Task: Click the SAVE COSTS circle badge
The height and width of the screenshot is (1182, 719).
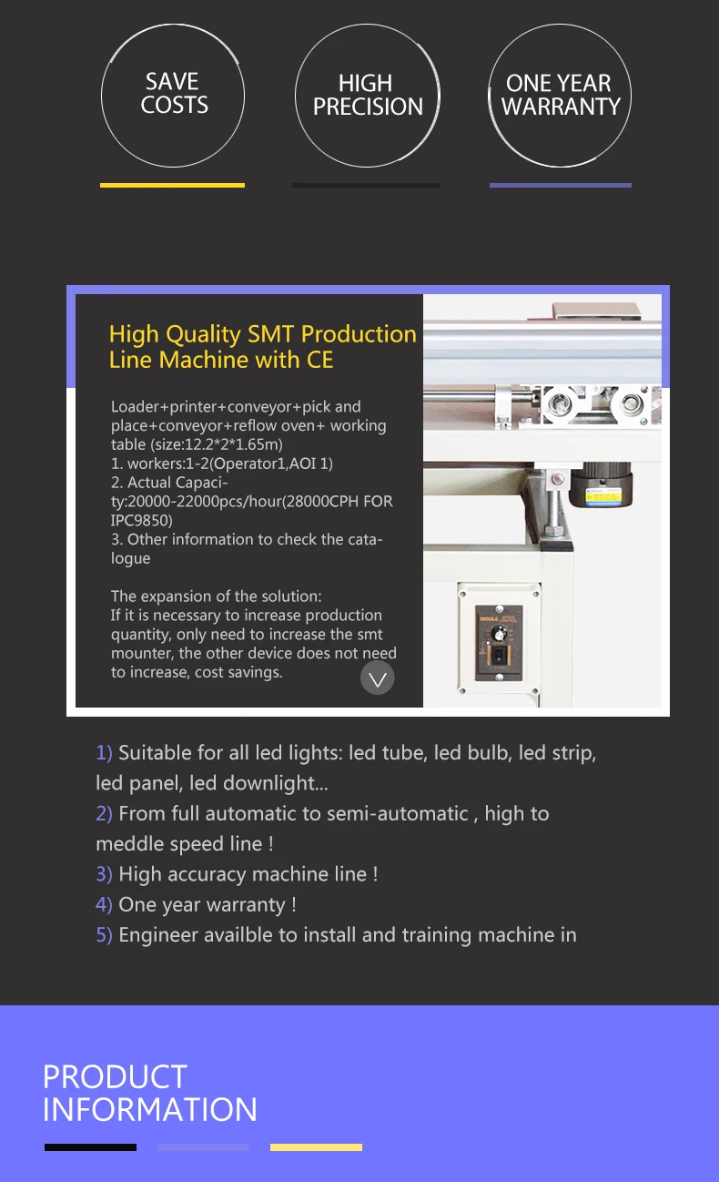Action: click(173, 96)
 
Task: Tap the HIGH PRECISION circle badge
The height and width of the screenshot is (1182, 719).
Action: click(367, 96)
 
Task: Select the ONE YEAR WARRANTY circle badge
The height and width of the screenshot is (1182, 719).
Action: click(560, 96)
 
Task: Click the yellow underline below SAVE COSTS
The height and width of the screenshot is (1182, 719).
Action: click(172, 185)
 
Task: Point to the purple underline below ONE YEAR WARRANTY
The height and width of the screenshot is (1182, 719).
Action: click(560, 185)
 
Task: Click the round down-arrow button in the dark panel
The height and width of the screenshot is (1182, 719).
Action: click(378, 678)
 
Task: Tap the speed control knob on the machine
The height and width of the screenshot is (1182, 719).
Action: click(498, 631)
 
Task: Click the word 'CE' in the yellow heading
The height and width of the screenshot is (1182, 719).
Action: click(319, 360)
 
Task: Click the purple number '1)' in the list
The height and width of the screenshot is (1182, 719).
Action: click(104, 753)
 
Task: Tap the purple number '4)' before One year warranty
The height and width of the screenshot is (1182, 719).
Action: click(104, 905)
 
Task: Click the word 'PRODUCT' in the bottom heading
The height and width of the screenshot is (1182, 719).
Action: click(115, 1077)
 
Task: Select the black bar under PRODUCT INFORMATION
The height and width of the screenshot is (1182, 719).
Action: click(90, 1147)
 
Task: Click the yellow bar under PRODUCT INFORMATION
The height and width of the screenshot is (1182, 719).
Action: click(316, 1147)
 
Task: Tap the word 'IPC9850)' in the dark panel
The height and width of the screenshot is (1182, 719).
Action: click(141, 520)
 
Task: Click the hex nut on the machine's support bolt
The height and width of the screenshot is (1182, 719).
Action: click(551, 527)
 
